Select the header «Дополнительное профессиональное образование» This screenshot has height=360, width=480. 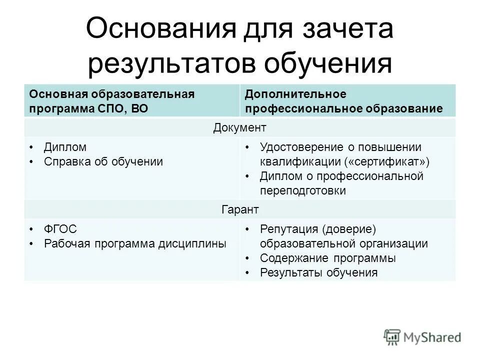click(x=344, y=101)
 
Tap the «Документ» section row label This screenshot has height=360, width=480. click(x=240, y=127)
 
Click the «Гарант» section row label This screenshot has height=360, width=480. click(x=240, y=209)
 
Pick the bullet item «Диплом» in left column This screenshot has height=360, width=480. click(x=65, y=147)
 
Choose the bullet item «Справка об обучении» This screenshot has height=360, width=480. click(x=103, y=162)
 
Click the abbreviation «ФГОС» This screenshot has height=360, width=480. click(x=60, y=229)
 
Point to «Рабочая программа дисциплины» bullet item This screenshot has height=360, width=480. click(x=135, y=243)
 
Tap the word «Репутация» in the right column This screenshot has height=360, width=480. click(x=288, y=229)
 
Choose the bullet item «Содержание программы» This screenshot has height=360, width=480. click(x=328, y=258)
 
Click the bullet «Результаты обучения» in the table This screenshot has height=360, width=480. click(x=318, y=272)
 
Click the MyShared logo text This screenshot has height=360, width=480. click(x=433, y=337)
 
